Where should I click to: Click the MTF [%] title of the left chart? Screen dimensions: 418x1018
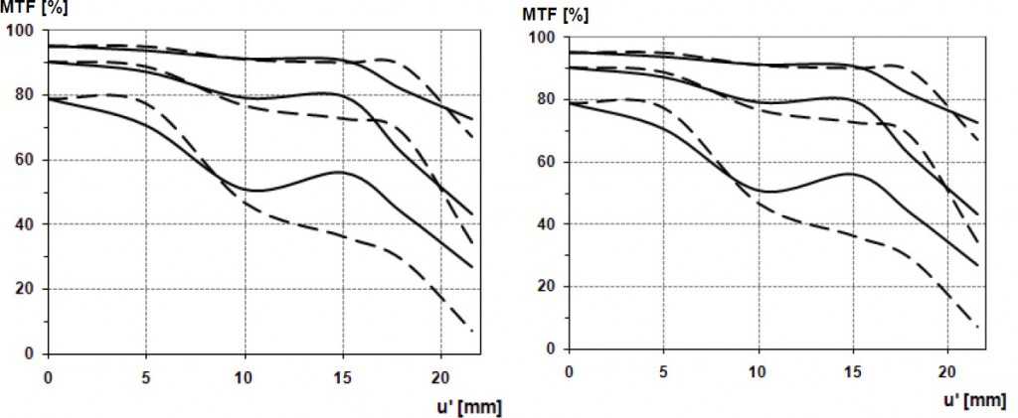[x=27, y=9]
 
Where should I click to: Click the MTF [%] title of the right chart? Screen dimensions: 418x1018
[x=554, y=16]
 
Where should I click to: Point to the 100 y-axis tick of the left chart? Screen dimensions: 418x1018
[x=21, y=31]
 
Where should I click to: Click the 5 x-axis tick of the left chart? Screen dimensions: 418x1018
[x=146, y=376]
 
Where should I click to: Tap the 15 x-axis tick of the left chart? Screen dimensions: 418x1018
[x=342, y=376]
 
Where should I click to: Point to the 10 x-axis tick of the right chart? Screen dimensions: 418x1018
[x=759, y=371]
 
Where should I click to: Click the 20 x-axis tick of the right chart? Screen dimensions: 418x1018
[x=947, y=371]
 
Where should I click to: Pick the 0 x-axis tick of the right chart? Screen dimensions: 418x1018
[x=569, y=371]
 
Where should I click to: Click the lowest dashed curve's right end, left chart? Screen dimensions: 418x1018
[x=472, y=331]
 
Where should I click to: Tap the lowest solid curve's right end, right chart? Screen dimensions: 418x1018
[x=978, y=265]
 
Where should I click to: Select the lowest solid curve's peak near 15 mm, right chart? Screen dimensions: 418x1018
[x=851, y=174]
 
